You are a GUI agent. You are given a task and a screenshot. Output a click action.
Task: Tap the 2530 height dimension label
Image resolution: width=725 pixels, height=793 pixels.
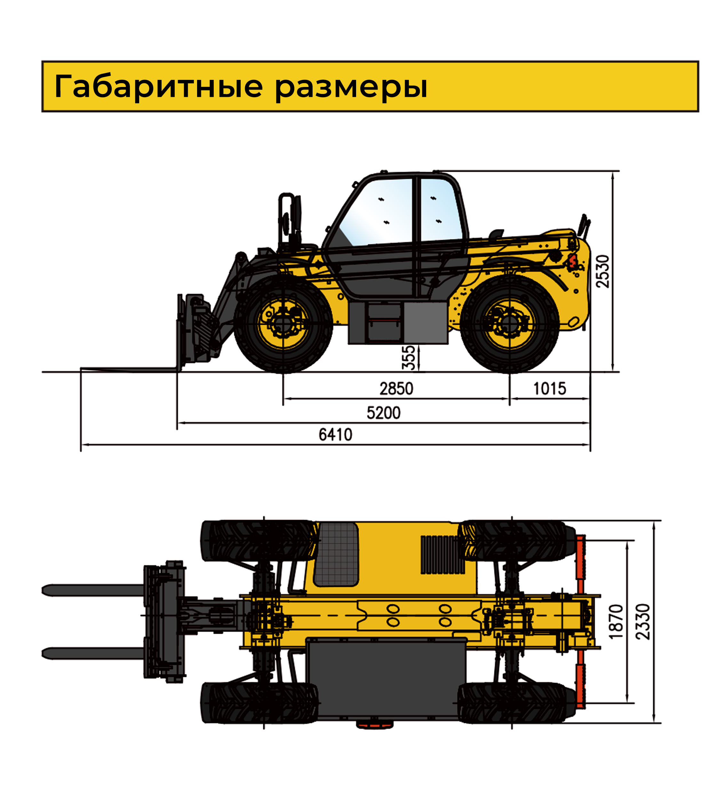point(602,271)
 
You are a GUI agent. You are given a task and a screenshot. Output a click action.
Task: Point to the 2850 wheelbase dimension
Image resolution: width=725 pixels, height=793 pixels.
point(396,389)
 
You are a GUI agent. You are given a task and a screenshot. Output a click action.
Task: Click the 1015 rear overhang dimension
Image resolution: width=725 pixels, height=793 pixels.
point(549,389)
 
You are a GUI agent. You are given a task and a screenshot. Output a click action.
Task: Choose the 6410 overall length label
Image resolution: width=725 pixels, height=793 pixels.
point(335,435)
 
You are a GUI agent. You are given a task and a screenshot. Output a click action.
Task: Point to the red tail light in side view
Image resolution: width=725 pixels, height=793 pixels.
point(571,262)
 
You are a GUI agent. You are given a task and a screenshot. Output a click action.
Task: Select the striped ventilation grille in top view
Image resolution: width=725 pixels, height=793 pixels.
point(442,555)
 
